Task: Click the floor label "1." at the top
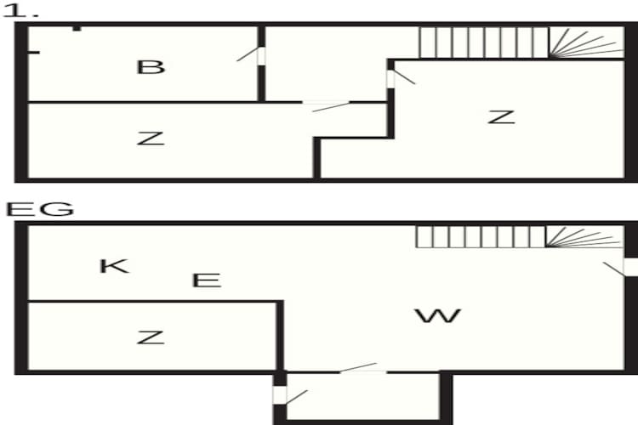20,10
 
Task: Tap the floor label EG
40,209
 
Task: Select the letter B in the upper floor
151,67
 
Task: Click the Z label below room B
151,139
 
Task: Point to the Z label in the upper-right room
501,117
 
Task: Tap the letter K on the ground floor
114,266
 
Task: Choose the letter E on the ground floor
207,280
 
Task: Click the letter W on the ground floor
438,316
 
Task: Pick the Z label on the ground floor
151,337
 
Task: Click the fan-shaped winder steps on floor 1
586,42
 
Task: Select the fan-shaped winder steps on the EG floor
584,236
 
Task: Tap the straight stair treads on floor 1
484,42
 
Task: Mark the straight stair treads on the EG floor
481,236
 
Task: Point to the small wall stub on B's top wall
77,28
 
